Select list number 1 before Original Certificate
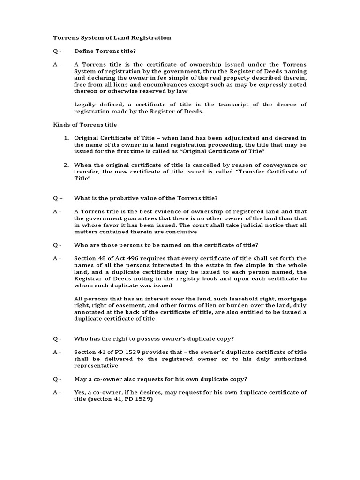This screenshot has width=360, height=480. click(x=67, y=138)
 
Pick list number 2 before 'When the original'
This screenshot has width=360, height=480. click(x=67, y=165)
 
